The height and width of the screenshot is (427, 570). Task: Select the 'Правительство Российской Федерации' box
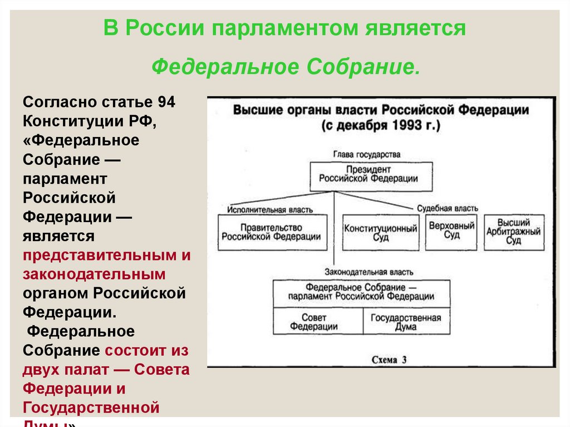tap(271, 232)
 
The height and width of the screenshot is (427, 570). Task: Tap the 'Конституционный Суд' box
tap(381, 233)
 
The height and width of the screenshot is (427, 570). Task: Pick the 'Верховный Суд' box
tap(451, 230)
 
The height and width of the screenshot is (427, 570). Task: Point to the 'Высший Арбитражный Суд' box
tap(513, 232)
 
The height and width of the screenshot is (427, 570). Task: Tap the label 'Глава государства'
tap(367, 154)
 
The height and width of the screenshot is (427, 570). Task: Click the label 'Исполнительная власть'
tap(269, 210)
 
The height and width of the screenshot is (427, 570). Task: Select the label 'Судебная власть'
tap(448, 208)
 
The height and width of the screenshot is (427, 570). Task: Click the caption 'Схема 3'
tap(389, 360)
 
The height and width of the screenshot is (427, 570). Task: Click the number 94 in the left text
tap(166, 102)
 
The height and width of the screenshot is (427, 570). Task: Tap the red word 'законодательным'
tap(95, 274)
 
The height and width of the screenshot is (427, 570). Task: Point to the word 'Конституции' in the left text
tap(73, 121)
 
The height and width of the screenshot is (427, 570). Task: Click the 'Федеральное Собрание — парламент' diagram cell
tap(361, 292)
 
